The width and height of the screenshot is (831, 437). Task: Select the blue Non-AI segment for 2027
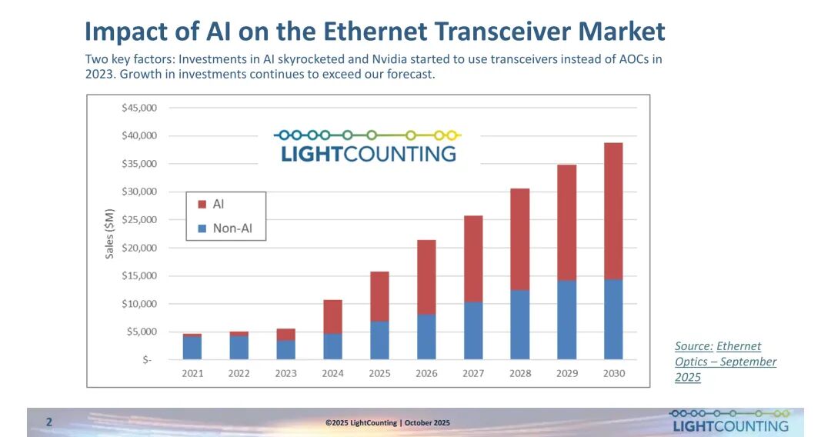pos(472,330)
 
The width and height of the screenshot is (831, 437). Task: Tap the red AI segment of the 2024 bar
pos(332,316)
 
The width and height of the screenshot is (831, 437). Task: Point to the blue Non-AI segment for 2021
pos(192,348)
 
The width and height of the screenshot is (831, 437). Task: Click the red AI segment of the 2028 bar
pos(519,239)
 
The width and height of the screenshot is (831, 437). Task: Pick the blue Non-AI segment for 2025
pos(379,340)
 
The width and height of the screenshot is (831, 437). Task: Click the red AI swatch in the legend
pos(202,205)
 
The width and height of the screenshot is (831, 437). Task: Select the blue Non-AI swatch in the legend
pos(202,229)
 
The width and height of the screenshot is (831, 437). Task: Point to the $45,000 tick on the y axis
pos(139,108)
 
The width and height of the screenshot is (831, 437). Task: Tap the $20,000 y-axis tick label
pos(139,248)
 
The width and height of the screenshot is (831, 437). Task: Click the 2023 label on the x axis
pos(285,373)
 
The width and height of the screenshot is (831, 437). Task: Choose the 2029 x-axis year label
pos(566,373)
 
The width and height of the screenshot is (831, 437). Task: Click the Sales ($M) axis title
pos(109,233)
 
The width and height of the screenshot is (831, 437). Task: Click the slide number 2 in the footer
pos(49,422)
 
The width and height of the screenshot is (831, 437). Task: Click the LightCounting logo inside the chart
pos(368,145)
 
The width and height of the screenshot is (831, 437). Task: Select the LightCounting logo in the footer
pos(729,421)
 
